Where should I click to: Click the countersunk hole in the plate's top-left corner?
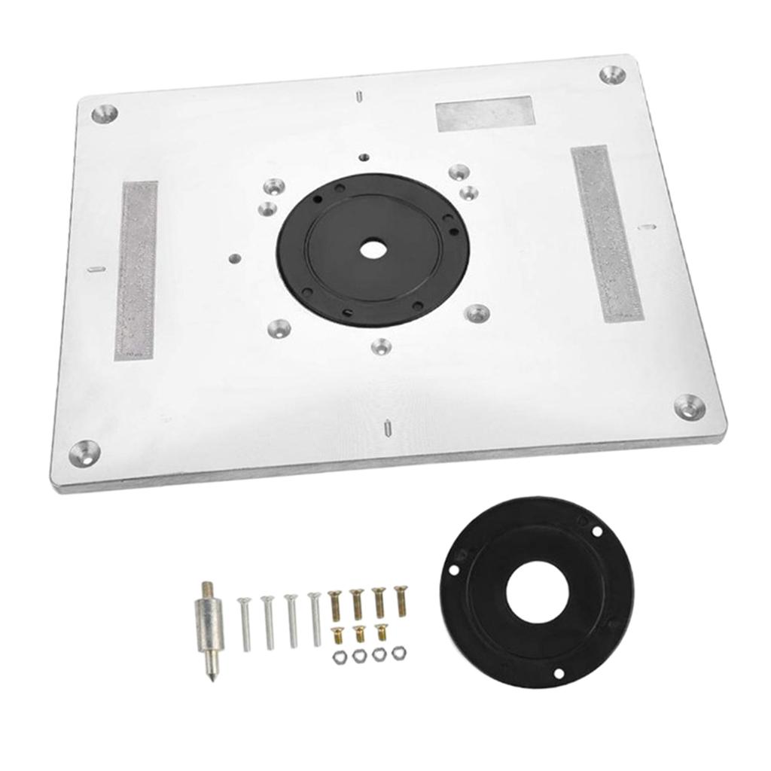[104, 114]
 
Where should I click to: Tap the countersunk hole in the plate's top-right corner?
[611, 75]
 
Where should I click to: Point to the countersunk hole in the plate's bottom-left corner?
[85, 452]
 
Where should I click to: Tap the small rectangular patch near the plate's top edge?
[485, 114]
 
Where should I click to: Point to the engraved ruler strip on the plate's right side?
[606, 233]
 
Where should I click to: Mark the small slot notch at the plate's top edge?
[360, 96]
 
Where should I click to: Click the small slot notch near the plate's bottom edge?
[386, 426]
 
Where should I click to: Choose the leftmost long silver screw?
[245, 623]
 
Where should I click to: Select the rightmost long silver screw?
[315, 618]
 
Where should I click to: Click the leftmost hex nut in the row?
[340, 657]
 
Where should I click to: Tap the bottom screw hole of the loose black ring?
[559, 673]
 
